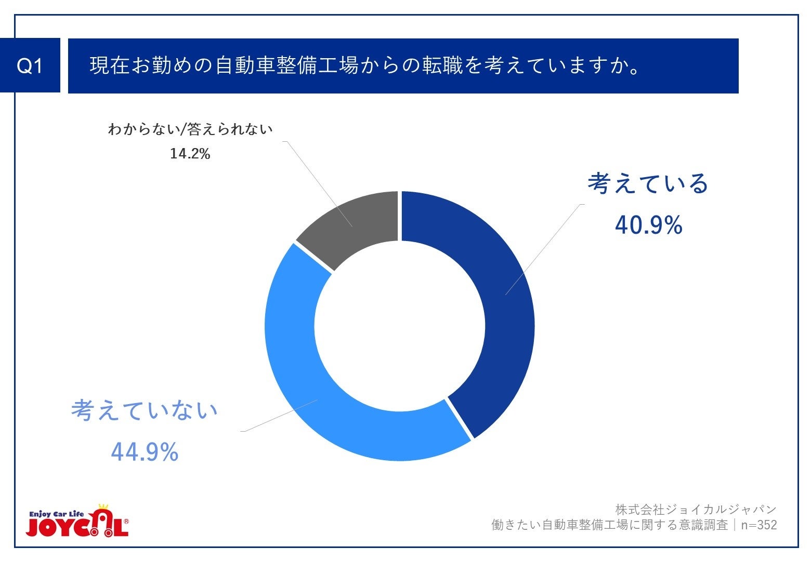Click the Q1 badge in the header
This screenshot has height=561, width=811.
(30, 66)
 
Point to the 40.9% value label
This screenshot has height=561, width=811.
(648, 225)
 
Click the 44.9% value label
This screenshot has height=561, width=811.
(145, 452)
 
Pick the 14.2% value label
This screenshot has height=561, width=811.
(190, 154)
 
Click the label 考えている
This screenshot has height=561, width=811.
(648, 184)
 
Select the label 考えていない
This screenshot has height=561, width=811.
(145, 410)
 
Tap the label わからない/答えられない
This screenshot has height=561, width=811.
(190, 129)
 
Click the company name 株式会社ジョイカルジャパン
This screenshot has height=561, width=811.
(696, 510)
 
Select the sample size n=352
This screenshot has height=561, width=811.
(759, 525)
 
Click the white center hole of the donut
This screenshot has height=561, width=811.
(399, 326)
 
